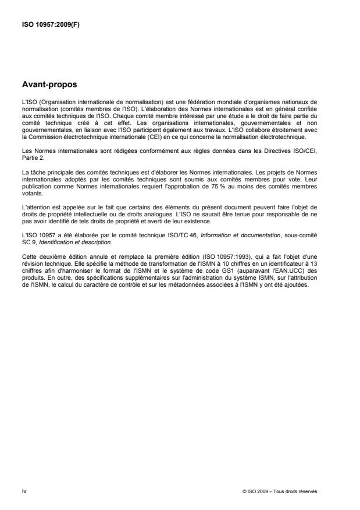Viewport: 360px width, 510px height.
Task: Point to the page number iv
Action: [23, 492]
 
